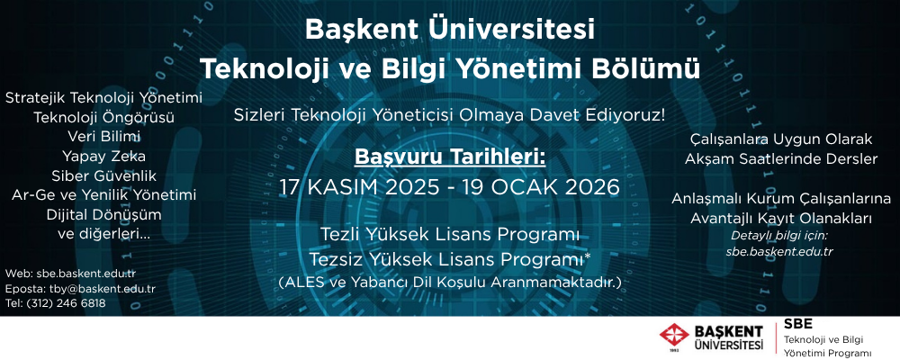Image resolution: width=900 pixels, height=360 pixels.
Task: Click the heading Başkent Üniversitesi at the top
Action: (x=449, y=30)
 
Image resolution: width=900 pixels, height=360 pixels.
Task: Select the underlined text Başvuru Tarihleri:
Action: (x=450, y=157)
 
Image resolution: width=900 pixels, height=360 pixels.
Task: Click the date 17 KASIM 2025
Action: (x=359, y=187)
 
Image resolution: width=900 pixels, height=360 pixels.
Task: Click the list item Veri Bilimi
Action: (x=103, y=137)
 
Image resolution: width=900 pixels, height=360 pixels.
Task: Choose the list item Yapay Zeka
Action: (x=103, y=157)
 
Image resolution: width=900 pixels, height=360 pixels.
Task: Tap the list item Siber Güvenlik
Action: (x=103, y=175)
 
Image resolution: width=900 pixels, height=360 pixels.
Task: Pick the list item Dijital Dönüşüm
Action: (x=103, y=215)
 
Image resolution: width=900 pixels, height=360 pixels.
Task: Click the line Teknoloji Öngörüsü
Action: (x=103, y=118)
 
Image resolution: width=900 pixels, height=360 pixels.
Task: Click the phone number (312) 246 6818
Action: (x=66, y=303)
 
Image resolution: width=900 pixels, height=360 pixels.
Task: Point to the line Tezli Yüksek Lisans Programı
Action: (x=450, y=236)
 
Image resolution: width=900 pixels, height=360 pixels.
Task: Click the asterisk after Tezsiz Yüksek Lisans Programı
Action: (x=588, y=256)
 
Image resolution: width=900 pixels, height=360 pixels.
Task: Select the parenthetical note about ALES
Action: (x=450, y=283)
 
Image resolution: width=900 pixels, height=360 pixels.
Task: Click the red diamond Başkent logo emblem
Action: (x=674, y=337)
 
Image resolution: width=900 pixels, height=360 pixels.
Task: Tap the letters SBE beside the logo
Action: (x=797, y=324)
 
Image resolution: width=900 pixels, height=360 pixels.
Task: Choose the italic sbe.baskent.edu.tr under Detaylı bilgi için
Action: (x=780, y=251)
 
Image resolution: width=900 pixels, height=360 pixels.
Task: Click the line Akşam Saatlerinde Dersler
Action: (x=780, y=159)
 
